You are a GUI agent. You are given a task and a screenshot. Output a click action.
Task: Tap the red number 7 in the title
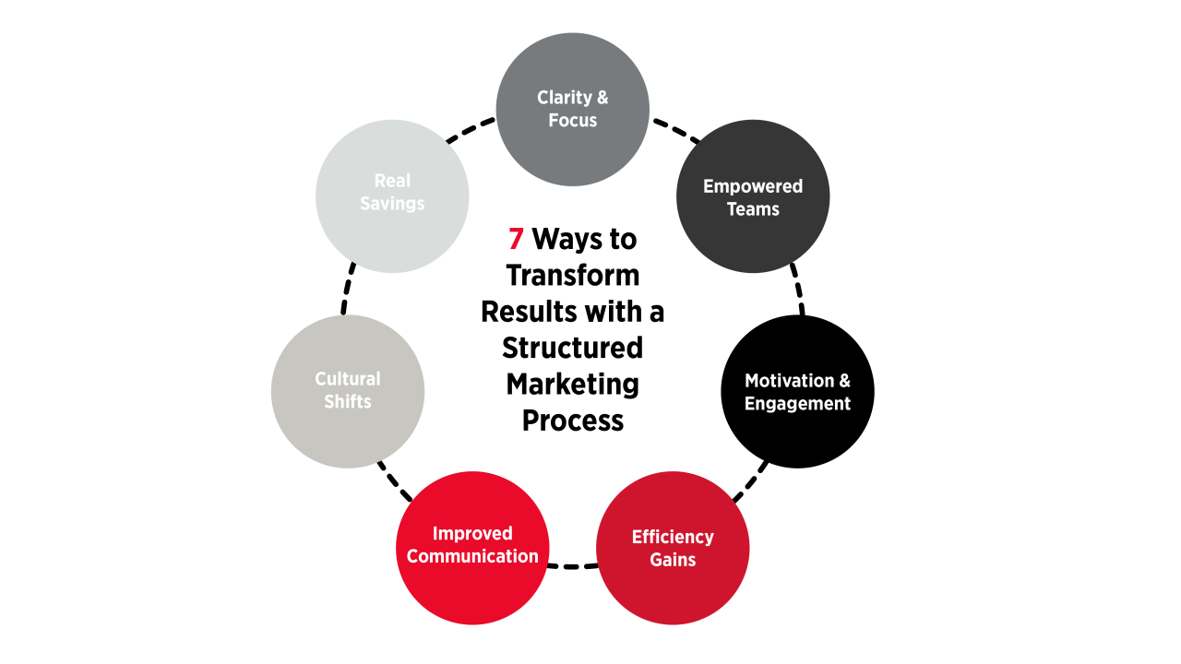coord(516,240)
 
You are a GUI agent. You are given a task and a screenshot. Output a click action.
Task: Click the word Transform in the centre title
coord(573,276)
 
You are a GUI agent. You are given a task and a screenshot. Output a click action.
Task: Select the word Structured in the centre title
coord(573,348)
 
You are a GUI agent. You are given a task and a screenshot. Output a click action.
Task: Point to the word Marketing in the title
coord(573,384)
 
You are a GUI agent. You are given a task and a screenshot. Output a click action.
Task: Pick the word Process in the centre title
coord(573,420)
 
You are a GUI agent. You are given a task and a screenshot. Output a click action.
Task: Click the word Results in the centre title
coord(527,312)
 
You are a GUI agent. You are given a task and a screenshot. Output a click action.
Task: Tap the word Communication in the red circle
coord(472,556)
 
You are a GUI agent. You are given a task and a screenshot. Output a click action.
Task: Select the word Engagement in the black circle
coord(797,404)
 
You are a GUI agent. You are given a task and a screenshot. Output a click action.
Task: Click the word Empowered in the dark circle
coord(753,186)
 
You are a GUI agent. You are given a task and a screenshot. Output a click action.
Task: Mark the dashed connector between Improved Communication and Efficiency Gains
coord(572,564)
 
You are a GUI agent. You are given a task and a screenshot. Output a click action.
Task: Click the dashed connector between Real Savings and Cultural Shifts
coord(347,291)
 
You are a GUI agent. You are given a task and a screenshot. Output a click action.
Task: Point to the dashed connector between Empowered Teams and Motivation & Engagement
coord(797,291)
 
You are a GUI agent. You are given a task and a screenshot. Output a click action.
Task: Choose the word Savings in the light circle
coord(392,204)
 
